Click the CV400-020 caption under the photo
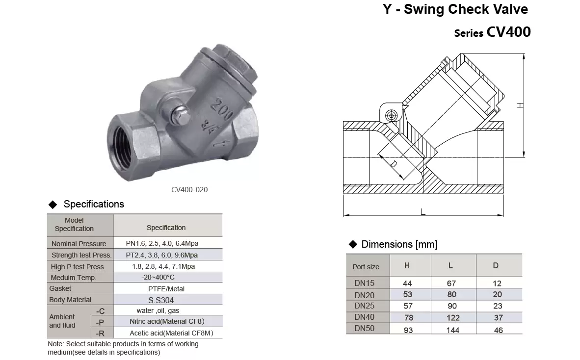coord(189,190)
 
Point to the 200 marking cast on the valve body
coord(221,109)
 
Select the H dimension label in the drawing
coord(520,105)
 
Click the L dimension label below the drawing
coord(423,212)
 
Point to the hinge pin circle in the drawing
coord(392,116)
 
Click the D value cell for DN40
coord(498,317)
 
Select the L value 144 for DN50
coord(453,330)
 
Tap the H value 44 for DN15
coord(407,283)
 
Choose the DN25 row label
coord(365,306)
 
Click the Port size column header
coord(366,267)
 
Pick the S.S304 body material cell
coord(161,300)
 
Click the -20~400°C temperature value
coord(158,277)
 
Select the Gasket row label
coord(60,288)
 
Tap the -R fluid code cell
coord(100,333)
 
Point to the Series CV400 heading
coord(492,32)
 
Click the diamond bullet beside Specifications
coord(53,205)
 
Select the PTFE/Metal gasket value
coord(166,289)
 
